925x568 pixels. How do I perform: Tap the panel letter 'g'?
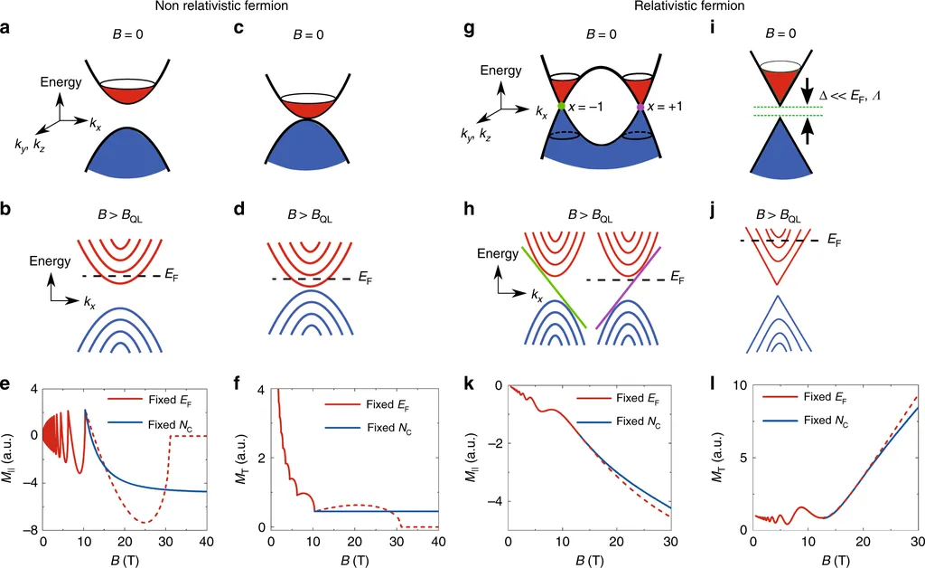pyautogui.click(x=468, y=29)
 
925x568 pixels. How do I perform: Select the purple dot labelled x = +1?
pyautogui.click(x=640, y=107)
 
